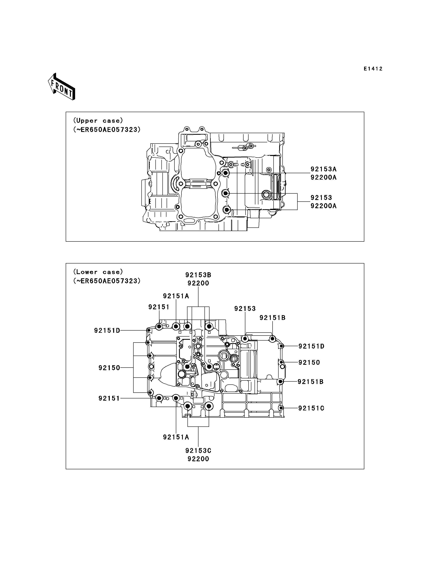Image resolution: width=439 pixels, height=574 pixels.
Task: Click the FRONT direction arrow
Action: pyautogui.click(x=62, y=86)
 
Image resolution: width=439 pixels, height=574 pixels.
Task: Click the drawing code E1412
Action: pyautogui.click(x=373, y=69)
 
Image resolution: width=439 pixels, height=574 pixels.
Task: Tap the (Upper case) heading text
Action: pyautogui.click(x=98, y=121)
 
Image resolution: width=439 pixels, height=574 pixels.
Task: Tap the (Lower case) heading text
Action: pyautogui.click(x=98, y=272)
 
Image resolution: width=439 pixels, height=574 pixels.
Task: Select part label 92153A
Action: pyautogui.click(x=323, y=169)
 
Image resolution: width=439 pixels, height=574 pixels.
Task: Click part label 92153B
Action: pyautogui.click(x=198, y=275)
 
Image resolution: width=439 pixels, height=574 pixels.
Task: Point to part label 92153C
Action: pyautogui.click(x=198, y=451)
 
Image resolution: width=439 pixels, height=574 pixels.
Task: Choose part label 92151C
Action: pyautogui.click(x=311, y=408)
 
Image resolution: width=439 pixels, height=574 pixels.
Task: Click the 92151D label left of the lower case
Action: pyautogui.click(x=107, y=331)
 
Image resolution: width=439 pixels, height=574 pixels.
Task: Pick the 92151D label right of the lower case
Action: pyautogui.click(x=311, y=346)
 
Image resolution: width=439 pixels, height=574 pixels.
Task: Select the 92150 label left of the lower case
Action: pyautogui.click(x=109, y=368)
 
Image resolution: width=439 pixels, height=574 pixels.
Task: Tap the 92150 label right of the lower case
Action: pyautogui.click(x=309, y=362)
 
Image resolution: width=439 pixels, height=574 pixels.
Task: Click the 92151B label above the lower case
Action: pyautogui.click(x=273, y=318)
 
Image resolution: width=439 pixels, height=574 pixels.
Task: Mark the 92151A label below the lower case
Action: pyautogui.click(x=176, y=437)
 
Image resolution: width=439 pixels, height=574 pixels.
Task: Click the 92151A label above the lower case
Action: pyautogui.click(x=176, y=296)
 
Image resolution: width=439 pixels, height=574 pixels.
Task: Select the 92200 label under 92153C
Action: pyautogui.click(x=198, y=459)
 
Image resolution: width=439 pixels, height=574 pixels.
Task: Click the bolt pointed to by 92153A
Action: pyautogui.click(x=226, y=173)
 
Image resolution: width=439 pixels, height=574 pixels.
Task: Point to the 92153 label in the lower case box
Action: pyautogui.click(x=245, y=309)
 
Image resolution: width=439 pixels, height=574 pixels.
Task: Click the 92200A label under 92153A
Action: pyautogui.click(x=323, y=177)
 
